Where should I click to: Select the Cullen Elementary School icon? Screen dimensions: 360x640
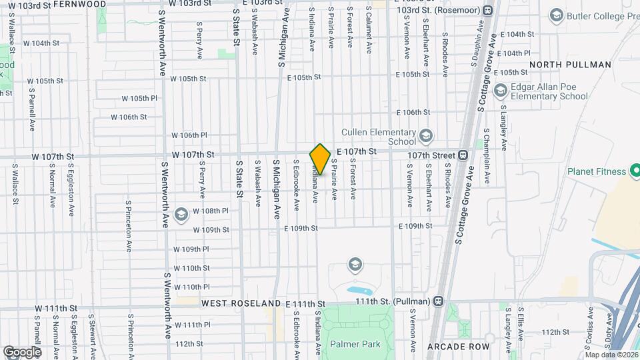(425, 137)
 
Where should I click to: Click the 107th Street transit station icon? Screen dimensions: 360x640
(463, 155)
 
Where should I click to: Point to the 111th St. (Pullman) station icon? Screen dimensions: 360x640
(437, 301)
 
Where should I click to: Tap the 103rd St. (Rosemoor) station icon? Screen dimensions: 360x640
(488, 11)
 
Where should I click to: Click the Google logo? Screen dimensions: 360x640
(22, 351)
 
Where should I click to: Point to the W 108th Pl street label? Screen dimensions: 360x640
(211, 211)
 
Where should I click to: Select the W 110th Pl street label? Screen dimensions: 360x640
(191, 287)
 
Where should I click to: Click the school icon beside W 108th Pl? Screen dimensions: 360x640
(180, 215)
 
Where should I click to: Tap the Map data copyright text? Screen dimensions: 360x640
(611, 354)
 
